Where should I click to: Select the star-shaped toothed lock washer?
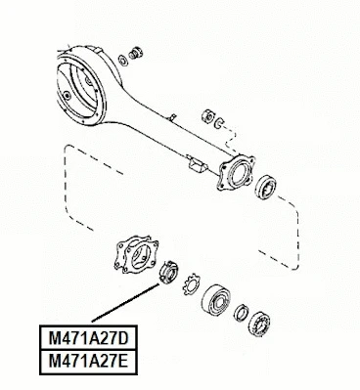pos(189,283)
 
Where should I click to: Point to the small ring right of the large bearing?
pos(238,312)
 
